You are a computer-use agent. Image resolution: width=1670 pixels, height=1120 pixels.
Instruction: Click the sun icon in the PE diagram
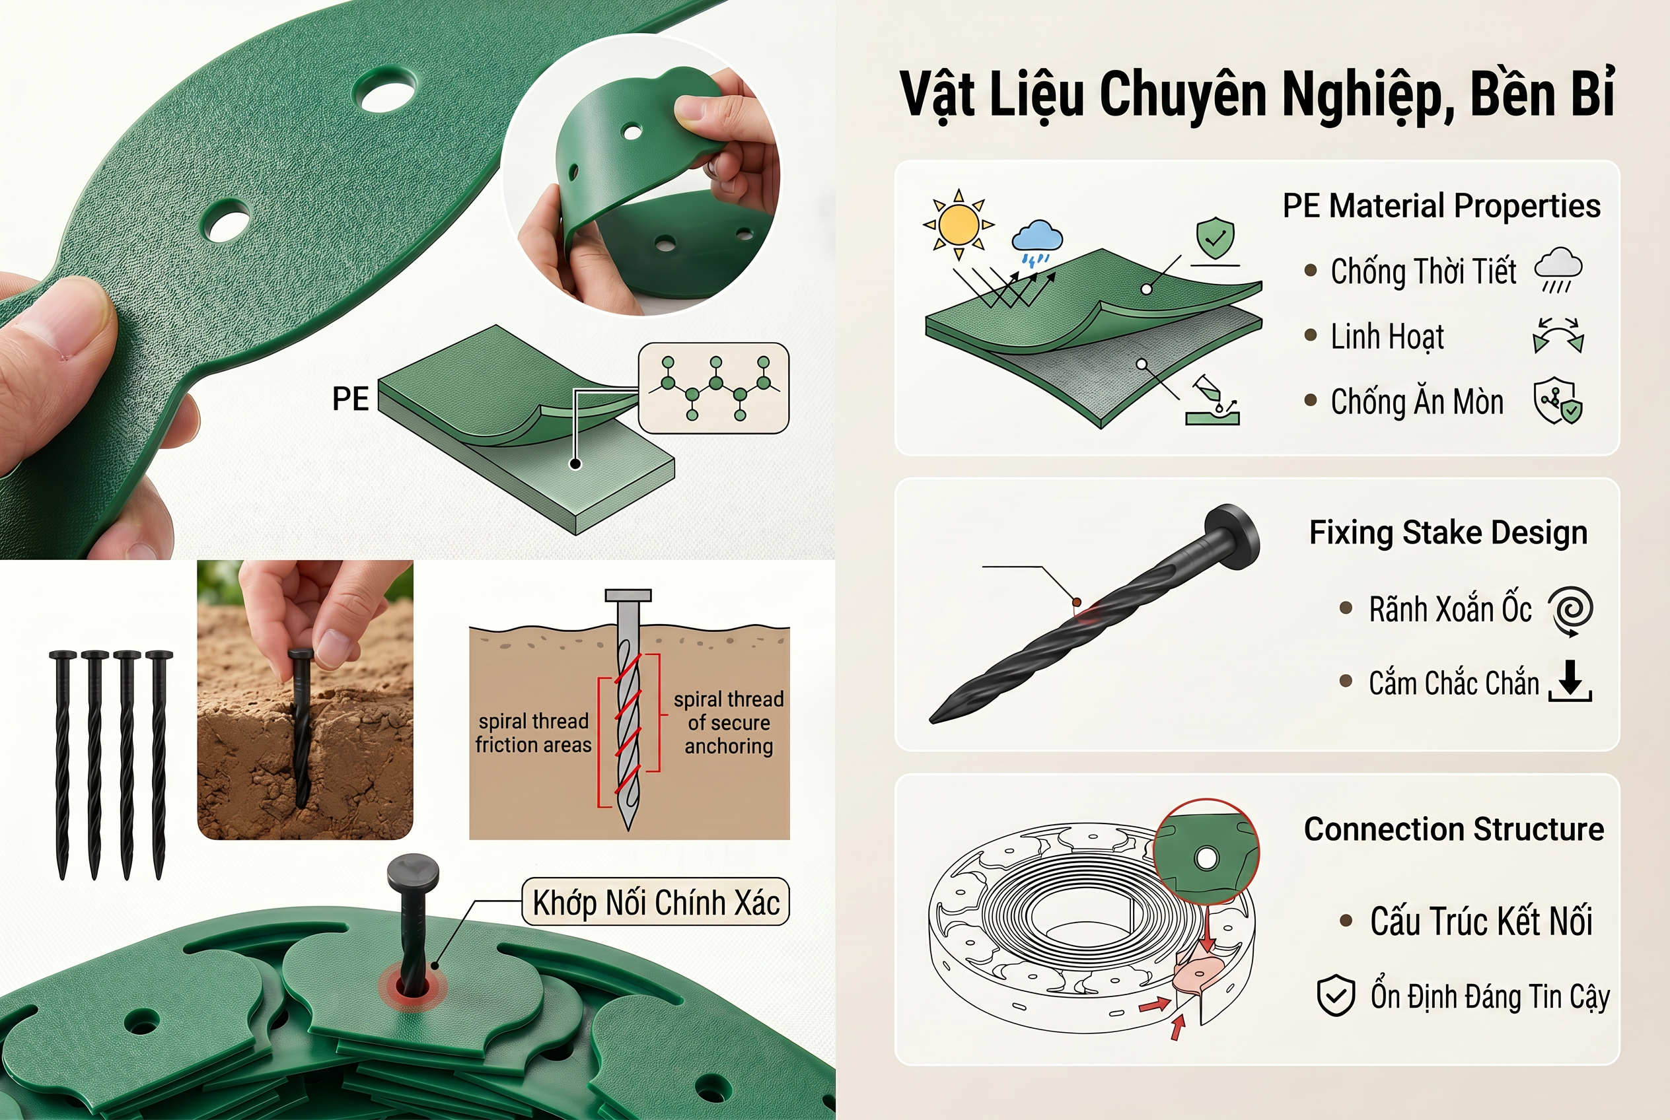click(959, 225)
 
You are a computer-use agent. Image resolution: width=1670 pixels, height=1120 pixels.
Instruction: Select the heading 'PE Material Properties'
click(1441, 206)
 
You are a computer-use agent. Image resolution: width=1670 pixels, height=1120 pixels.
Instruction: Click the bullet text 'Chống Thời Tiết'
click(1423, 271)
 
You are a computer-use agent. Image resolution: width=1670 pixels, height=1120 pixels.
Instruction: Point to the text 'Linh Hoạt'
click(1387, 336)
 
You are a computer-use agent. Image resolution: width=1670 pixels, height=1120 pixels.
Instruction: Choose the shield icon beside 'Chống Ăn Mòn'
click(1558, 401)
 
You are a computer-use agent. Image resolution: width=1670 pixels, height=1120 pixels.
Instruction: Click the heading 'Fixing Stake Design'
click(1448, 533)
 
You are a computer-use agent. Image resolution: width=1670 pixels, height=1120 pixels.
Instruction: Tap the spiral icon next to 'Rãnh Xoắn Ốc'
click(1571, 610)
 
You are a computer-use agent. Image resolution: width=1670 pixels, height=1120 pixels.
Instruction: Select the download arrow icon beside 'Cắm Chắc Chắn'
click(1570, 681)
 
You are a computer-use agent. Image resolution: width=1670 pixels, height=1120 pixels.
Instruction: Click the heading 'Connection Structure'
click(1453, 829)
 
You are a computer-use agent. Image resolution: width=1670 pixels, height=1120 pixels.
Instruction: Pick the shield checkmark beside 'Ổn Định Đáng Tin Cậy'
click(1336, 995)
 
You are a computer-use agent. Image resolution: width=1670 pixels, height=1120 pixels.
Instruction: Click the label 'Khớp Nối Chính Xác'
click(656, 902)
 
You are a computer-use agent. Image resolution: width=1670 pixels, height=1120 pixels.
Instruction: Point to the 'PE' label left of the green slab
click(350, 399)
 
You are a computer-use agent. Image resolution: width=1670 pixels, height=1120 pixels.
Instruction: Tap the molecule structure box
click(713, 388)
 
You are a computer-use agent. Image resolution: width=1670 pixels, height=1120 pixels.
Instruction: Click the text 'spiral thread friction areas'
click(534, 733)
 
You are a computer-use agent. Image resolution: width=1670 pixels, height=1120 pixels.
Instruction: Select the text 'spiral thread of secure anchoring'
click(729, 722)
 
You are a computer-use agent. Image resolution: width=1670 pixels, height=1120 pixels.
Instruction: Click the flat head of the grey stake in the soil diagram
click(628, 595)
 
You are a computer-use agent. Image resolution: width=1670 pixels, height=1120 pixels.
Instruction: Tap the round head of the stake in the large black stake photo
click(1231, 537)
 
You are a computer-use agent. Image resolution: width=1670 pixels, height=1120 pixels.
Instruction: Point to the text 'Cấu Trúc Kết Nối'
click(1481, 921)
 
